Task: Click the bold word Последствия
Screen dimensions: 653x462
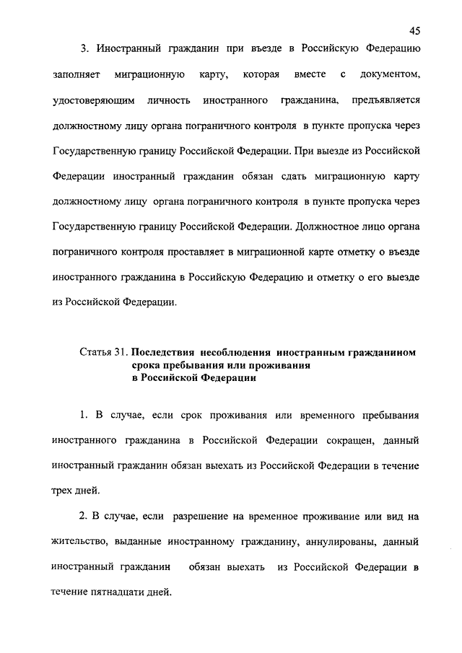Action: [165, 353]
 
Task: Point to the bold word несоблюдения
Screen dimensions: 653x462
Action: [237, 353]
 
